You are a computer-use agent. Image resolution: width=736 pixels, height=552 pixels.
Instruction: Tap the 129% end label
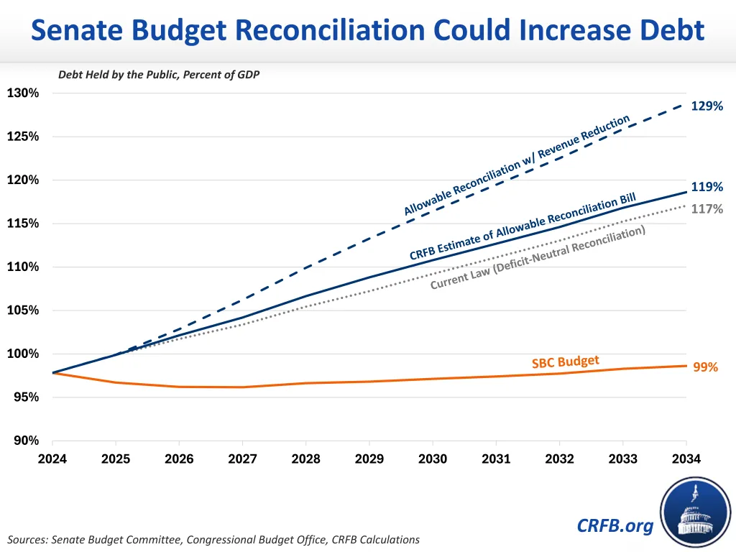(x=707, y=106)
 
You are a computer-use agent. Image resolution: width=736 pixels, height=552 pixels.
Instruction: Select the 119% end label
(x=707, y=187)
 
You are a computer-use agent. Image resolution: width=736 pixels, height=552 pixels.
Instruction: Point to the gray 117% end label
(x=707, y=209)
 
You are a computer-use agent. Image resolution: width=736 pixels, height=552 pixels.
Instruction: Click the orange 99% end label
(x=705, y=367)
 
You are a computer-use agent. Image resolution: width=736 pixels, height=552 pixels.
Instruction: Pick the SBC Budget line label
(x=565, y=362)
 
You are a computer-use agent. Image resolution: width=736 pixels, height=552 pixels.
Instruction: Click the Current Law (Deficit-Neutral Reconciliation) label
(x=538, y=257)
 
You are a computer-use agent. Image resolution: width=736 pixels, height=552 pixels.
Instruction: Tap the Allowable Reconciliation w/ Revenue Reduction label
(x=516, y=165)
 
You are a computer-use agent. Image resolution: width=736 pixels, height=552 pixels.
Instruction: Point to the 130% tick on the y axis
(x=23, y=93)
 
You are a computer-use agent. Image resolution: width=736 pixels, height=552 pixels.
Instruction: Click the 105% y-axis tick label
(x=23, y=310)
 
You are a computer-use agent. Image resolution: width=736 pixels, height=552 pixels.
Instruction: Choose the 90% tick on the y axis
(x=26, y=441)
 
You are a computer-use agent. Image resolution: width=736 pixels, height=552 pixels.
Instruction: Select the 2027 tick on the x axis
(x=242, y=459)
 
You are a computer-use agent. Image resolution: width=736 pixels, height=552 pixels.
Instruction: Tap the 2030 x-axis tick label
(x=433, y=459)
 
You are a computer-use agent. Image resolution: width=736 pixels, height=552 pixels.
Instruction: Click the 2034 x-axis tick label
(x=686, y=459)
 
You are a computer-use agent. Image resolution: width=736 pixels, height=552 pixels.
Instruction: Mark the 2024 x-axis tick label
(x=52, y=459)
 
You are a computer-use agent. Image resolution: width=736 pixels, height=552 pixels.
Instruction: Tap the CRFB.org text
(x=615, y=526)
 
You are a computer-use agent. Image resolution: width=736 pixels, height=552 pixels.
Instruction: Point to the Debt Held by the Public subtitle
(x=159, y=75)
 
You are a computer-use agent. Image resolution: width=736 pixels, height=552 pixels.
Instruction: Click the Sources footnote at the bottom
(x=213, y=539)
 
